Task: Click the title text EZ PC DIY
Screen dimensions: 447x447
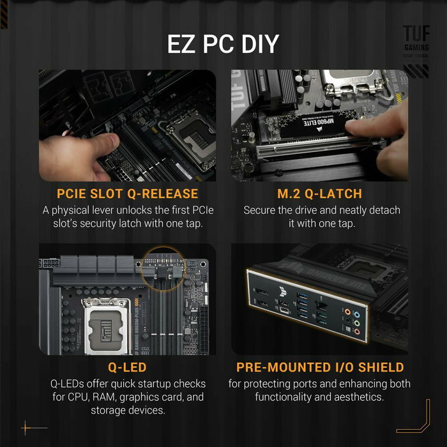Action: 223,44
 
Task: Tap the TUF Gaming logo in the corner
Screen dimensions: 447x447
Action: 416,42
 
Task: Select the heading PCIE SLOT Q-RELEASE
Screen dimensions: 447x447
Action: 128,193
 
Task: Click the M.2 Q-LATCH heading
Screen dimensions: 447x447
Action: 319,193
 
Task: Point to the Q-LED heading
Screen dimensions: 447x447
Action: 128,367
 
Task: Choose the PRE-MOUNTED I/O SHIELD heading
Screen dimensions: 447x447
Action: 319,367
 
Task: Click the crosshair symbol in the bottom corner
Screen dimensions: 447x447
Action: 26,427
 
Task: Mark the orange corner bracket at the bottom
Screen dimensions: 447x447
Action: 415,418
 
